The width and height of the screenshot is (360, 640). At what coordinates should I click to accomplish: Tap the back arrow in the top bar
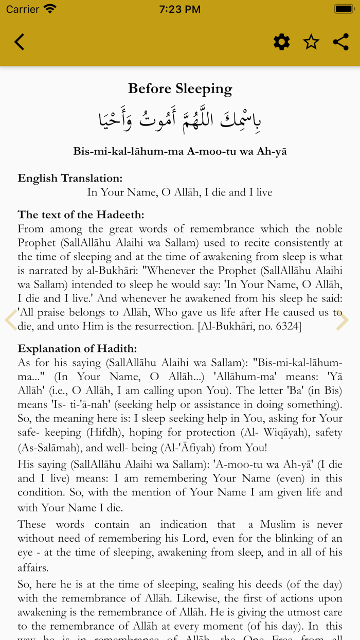click(20, 42)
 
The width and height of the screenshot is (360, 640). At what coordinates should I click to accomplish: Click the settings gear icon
click(281, 42)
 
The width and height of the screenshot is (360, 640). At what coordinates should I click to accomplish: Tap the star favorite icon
click(311, 42)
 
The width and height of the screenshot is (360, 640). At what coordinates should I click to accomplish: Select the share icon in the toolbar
click(340, 42)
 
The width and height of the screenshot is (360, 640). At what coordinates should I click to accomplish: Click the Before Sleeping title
click(180, 88)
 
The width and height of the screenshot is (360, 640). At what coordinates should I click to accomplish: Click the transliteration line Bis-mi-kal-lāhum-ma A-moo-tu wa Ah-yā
click(180, 151)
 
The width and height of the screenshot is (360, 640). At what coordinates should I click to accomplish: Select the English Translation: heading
click(70, 179)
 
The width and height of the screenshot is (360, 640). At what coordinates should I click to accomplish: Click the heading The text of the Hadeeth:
click(81, 215)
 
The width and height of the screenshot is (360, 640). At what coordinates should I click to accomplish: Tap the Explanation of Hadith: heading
click(77, 349)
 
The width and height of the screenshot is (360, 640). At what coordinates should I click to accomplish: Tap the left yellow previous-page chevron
click(10, 320)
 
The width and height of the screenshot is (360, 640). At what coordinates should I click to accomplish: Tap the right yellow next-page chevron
click(342, 320)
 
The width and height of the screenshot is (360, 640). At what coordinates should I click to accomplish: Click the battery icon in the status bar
click(343, 9)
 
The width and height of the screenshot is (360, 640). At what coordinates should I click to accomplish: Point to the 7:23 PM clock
click(179, 9)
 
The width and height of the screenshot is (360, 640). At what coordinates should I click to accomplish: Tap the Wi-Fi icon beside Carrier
click(50, 9)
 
